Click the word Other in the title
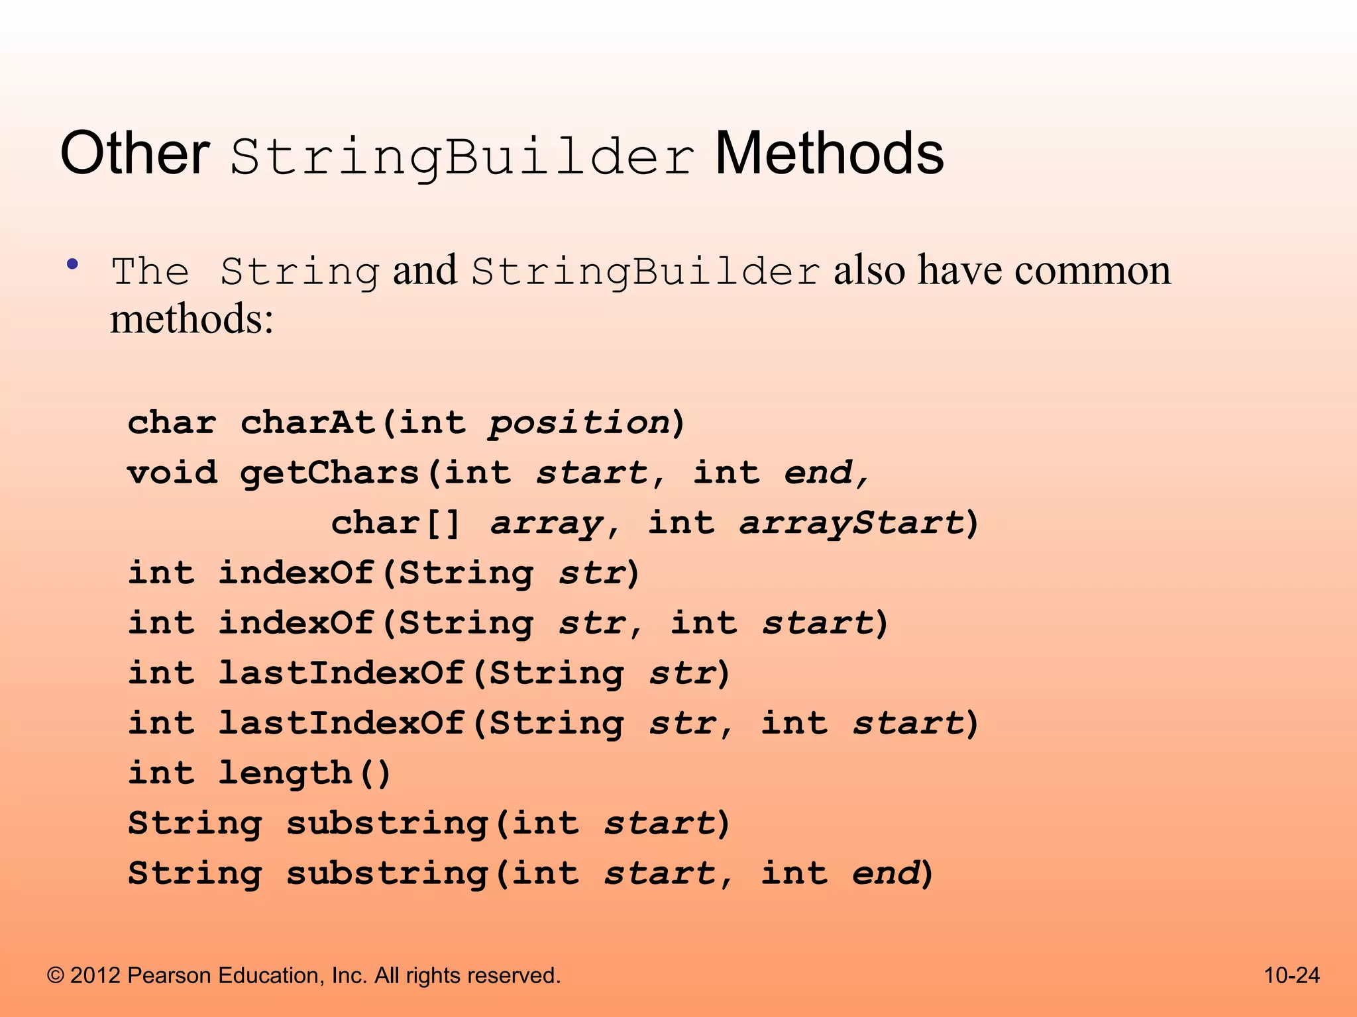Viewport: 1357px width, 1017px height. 135,154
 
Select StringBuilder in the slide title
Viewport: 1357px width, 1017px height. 462,157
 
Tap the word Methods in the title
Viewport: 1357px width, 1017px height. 829,154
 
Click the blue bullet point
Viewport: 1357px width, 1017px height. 73,265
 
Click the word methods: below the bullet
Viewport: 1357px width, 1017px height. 191,319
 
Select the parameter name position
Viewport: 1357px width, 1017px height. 579,422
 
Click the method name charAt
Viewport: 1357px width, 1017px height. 309,422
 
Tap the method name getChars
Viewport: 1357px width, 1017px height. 330,473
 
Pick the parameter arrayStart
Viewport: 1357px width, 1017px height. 851,523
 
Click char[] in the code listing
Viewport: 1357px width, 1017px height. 395,523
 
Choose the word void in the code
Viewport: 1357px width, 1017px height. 172,473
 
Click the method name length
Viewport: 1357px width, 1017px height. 285,773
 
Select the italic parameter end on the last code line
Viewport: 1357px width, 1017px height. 885,873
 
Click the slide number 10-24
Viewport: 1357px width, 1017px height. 1291,975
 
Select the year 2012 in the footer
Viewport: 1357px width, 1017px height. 95,975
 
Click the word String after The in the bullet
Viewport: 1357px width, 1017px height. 299,272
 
